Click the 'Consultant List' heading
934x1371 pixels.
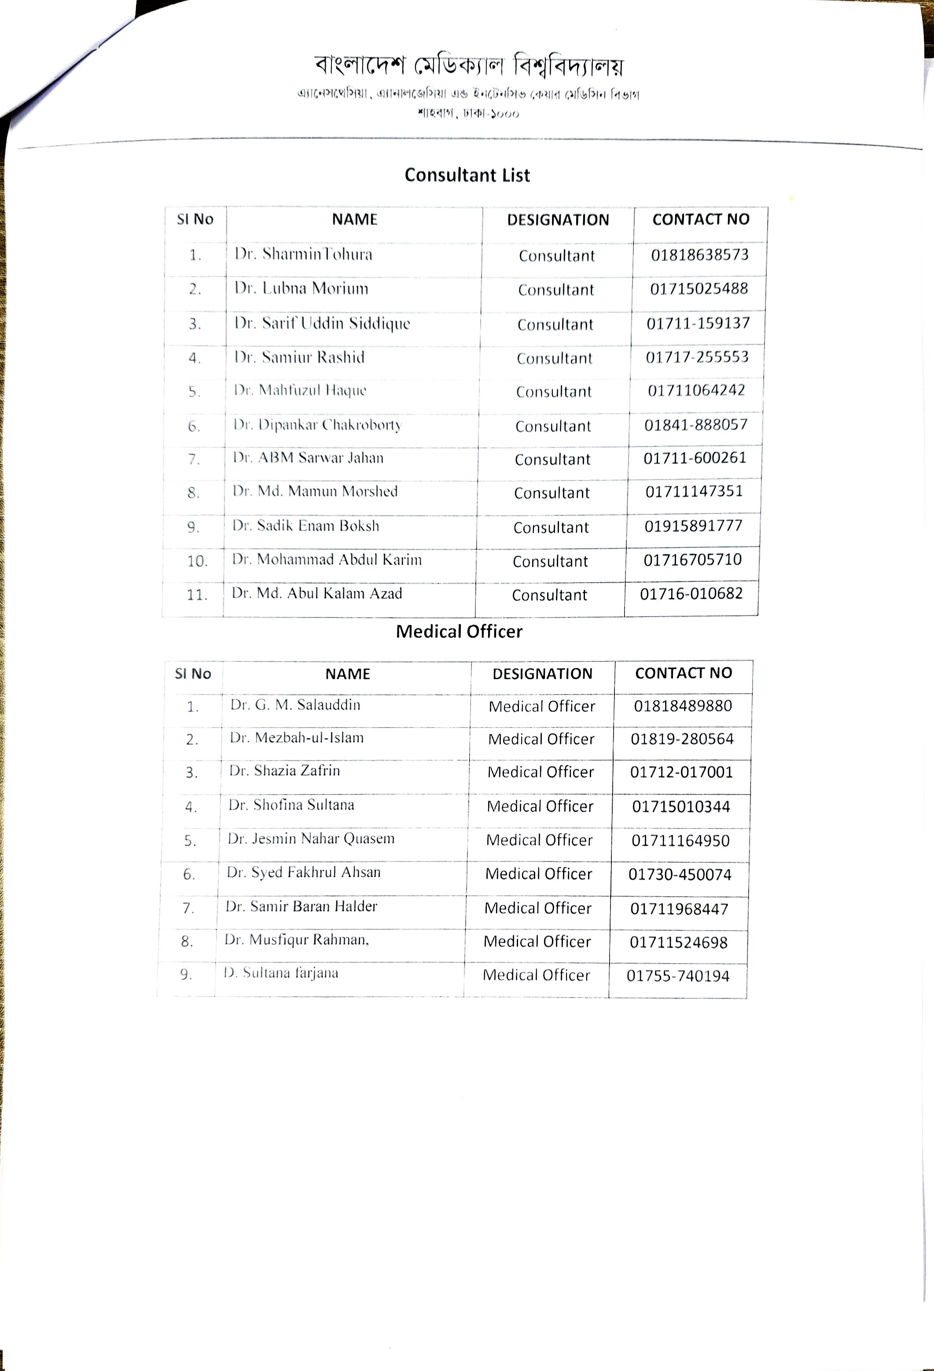click(467, 175)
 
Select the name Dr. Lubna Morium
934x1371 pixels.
click(302, 288)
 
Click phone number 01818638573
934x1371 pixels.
click(699, 255)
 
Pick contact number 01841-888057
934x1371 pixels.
click(696, 425)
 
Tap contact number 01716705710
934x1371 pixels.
click(692, 560)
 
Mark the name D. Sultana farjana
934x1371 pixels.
click(281, 973)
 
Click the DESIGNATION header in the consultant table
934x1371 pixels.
click(558, 220)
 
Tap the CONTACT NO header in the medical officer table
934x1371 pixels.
click(684, 673)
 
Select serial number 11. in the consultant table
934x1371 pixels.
click(197, 595)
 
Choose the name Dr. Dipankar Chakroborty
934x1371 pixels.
click(317, 425)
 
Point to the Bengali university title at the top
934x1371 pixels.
click(469, 66)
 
